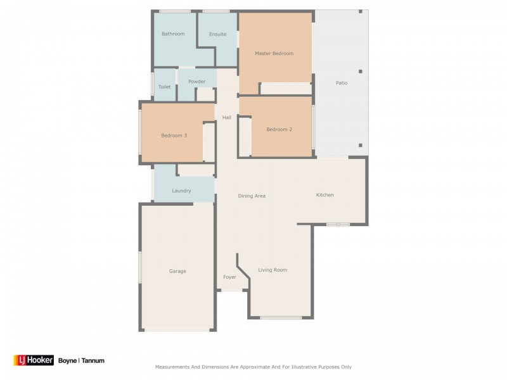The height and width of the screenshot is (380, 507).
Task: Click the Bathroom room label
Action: pos(173,34)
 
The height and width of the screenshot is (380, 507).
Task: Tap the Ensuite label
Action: pos(218,34)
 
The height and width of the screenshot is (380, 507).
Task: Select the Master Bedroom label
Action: pos(274,53)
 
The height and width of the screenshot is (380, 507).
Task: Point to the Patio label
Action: pos(341,83)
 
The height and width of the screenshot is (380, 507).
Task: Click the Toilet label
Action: pos(164,87)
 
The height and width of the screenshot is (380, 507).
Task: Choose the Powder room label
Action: pos(196,82)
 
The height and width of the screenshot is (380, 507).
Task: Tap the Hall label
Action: pos(226,117)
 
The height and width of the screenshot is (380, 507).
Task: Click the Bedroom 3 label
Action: pos(174,135)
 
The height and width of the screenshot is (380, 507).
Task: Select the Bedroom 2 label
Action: pos(279,129)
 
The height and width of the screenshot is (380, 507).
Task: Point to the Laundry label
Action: pos(181,191)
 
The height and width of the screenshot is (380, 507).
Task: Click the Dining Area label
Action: pos(252,196)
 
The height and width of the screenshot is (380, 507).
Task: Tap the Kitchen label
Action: pos(324,194)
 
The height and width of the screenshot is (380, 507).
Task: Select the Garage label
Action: pos(177,271)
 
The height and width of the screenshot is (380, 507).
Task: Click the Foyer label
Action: pos(229,277)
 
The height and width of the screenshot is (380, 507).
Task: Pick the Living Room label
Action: pos(273,270)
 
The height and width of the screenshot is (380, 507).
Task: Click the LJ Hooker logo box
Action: pos(34,360)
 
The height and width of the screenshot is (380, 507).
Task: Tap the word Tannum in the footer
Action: pos(93,360)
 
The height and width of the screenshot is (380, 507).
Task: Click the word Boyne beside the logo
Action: pos(67,360)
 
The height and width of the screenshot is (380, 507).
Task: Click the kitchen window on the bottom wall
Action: pos(338,224)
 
